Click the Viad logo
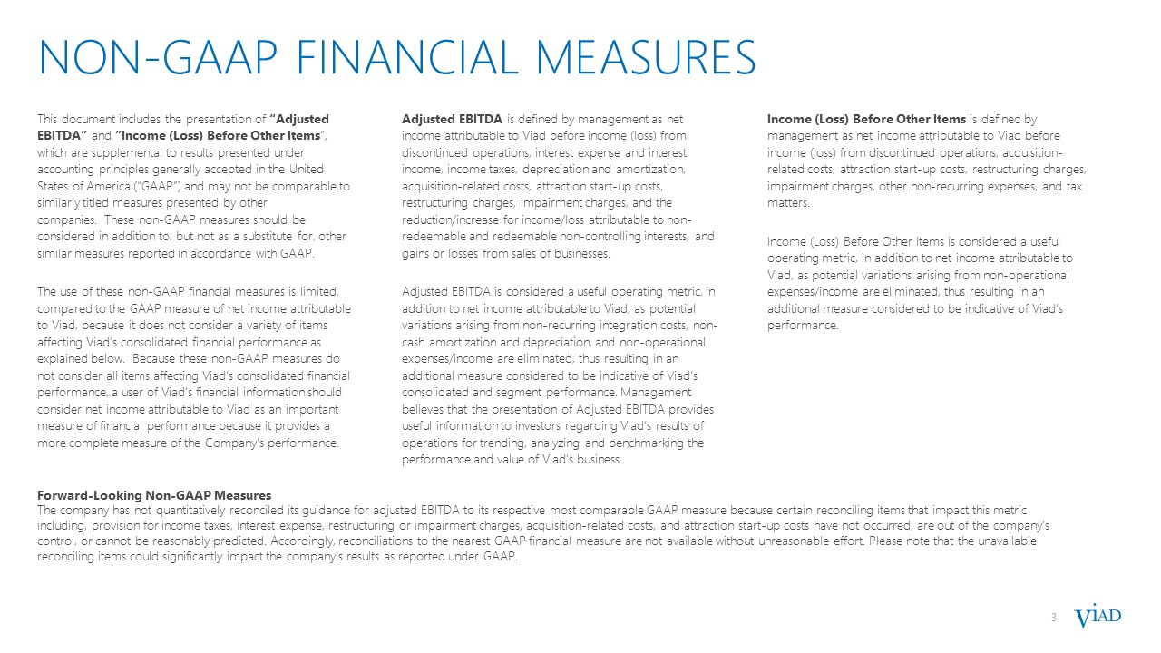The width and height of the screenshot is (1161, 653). tap(1098, 618)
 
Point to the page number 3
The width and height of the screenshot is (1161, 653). tap(1054, 619)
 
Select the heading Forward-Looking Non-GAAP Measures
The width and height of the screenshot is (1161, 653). tap(154, 495)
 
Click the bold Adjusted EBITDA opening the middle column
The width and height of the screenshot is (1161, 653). tap(453, 119)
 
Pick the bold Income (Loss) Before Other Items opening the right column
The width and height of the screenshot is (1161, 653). tap(866, 119)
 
